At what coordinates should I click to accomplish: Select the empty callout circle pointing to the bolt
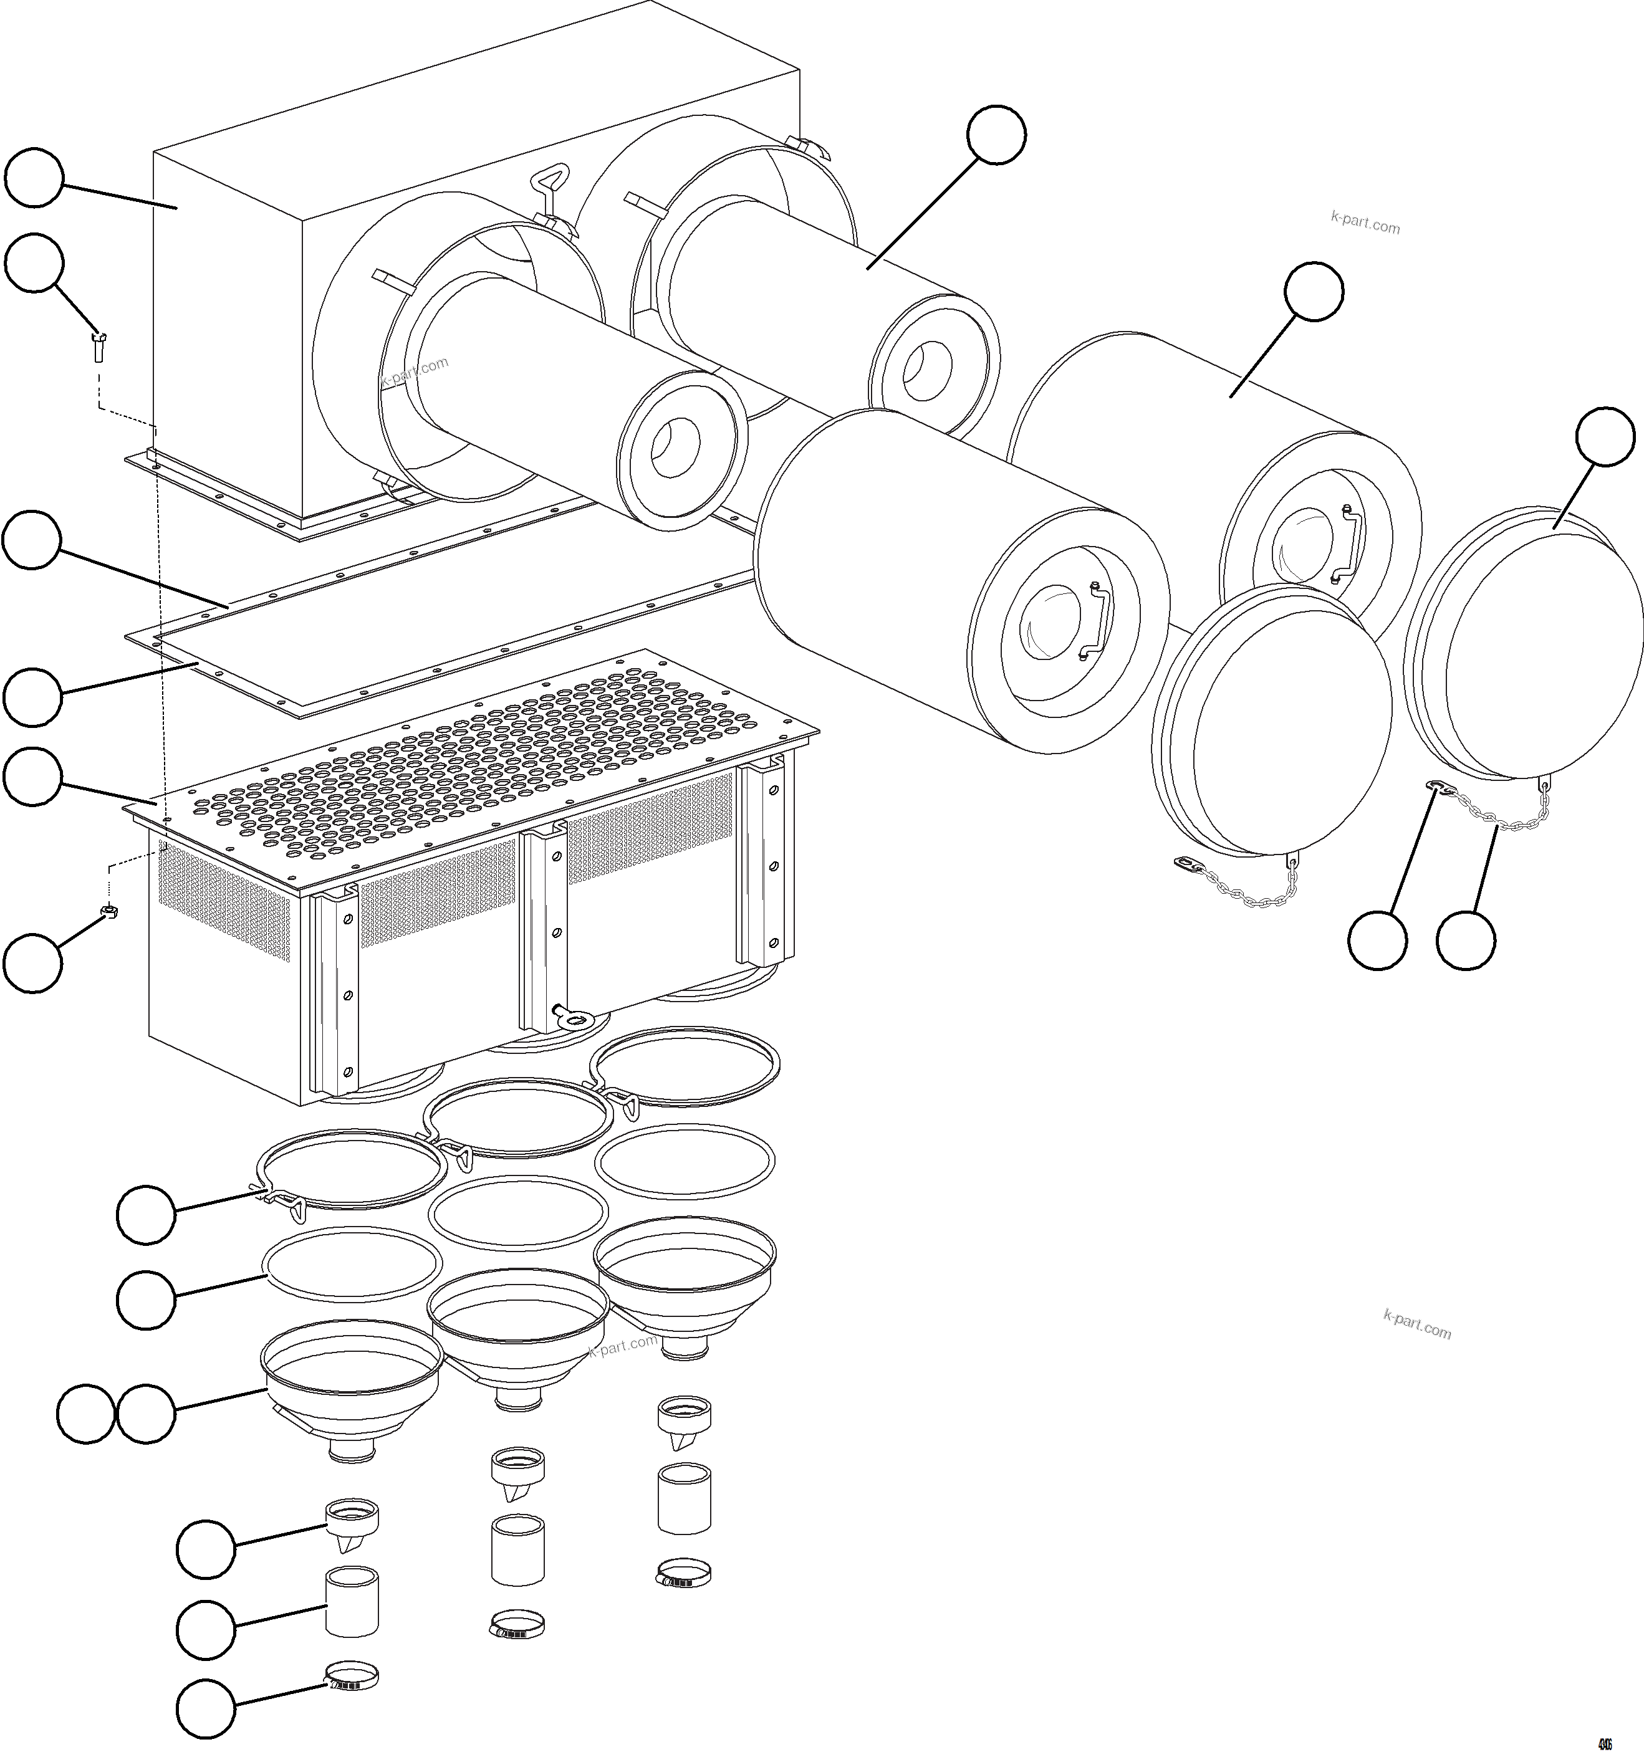[x=34, y=262]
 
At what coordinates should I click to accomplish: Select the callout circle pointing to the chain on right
[x=1465, y=941]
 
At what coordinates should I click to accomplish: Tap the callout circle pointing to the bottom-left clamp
[x=205, y=1708]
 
